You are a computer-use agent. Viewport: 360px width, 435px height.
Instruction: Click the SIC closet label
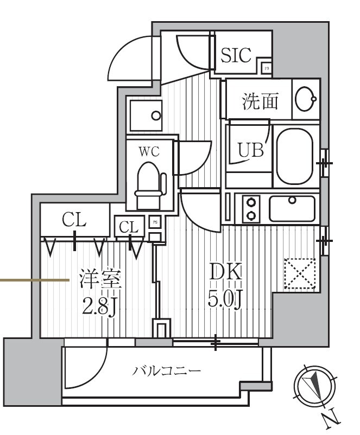236,55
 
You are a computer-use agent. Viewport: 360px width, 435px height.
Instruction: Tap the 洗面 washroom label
260,101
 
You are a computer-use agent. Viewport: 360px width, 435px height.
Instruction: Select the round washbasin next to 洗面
306,99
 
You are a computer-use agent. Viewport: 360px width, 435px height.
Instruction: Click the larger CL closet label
74,220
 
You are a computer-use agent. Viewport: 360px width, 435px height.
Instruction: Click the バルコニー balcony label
167,371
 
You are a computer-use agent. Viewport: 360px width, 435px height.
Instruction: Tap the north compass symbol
312,387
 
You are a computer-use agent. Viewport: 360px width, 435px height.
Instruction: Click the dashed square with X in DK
300,273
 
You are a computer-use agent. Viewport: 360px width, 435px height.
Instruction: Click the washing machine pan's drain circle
156,116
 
